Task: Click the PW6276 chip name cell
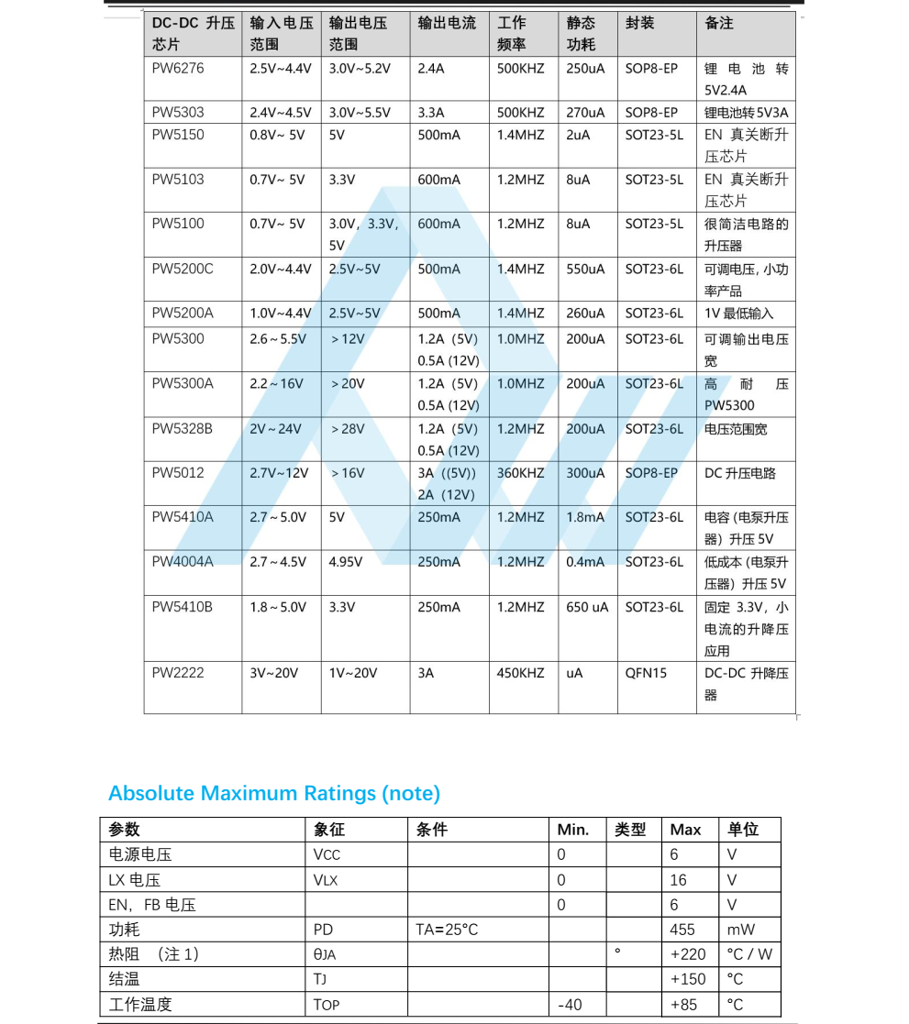[178, 69]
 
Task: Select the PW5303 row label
[178, 113]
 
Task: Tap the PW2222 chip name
[178, 673]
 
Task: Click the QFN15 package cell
[646, 673]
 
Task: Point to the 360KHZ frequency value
[520, 473]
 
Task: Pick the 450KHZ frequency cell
[520, 673]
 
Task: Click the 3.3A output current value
[431, 113]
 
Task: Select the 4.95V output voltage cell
[347, 562]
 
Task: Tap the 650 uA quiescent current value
[587, 607]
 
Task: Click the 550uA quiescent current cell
[585, 270]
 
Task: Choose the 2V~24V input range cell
[275, 429]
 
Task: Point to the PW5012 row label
[178, 473]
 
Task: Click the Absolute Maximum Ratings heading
[274, 793]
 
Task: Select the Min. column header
[573, 830]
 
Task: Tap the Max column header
[685, 830]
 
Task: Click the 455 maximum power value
[683, 930]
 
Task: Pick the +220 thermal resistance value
[688, 954]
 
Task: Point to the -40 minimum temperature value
[570, 1005]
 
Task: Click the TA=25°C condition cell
[447, 930]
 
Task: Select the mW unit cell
[741, 930]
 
